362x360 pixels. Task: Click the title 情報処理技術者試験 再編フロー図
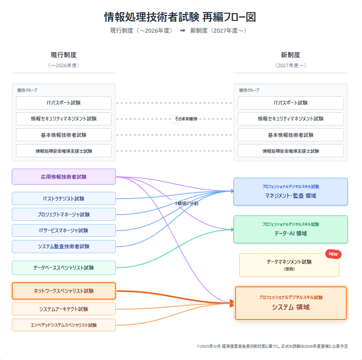click(x=180, y=17)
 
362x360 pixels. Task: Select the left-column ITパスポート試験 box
click(x=64, y=103)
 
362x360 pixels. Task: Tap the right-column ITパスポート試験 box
click(x=291, y=103)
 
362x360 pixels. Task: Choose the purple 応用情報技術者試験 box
click(x=64, y=177)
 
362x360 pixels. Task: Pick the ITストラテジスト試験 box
click(x=64, y=199)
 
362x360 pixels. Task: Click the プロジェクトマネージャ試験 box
click(x=64, y=215)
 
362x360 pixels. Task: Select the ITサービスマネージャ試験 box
click(x=64, y=230)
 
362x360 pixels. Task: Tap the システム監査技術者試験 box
click(x=64, y=246)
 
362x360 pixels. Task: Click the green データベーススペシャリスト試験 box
click(x=64, y=268)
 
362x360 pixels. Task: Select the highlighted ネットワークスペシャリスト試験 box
click(x=64, y=291)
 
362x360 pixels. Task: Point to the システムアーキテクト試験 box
click(x=64, y=309)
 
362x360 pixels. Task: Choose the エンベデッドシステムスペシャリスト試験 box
click(x=64, y=325)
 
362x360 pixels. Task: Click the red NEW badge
click(x=333, y=254)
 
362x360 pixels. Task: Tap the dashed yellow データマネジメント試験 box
click(x=289, y=265)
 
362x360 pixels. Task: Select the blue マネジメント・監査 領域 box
click(x=291, y=192)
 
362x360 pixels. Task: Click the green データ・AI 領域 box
click(x=291, y=230)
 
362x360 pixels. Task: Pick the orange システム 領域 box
click(x=291, y=303)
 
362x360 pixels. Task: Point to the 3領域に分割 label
click(x=186, y=204)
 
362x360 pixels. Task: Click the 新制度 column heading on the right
click(x=291, y=55)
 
